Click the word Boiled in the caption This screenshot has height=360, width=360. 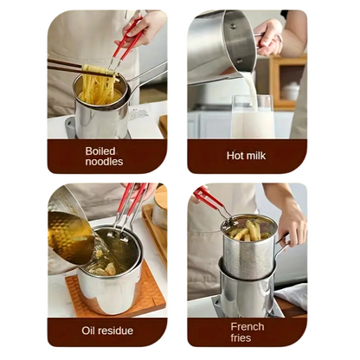(100, 151)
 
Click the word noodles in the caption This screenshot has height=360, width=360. (104, 162)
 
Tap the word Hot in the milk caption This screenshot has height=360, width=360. (235, 156)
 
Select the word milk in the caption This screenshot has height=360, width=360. (255, 156)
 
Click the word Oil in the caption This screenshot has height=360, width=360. (87, 331)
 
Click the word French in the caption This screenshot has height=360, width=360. (247, 327)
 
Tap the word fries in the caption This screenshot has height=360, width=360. (241, 337)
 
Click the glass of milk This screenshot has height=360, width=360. (253, 117)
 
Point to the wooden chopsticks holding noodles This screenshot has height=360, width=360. (65, 66)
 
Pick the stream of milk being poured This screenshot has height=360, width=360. (252, 89)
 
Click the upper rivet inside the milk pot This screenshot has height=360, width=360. (233, 26)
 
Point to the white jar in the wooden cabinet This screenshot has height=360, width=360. (290, 92)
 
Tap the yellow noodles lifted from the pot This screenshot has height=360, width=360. (100, 84)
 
